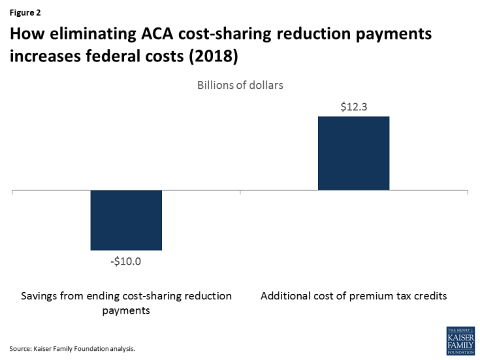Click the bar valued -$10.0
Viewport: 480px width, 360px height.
point(126,220)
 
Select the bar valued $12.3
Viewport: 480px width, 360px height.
point(353,154)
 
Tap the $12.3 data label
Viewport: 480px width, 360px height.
point(353,107)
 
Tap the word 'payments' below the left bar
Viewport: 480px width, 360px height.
point(126,310)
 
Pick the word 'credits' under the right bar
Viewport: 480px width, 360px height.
point(428,296)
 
